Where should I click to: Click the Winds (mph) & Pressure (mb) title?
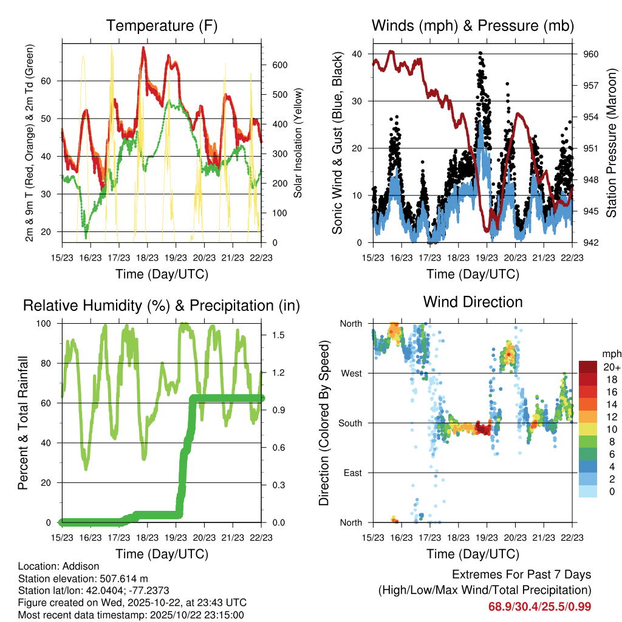coord(473,26)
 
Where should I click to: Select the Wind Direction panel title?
coord(473,302)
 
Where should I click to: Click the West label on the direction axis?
coord(351,373)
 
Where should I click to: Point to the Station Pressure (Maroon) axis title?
coord(612,143)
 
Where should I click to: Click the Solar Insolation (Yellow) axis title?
coord(298,143)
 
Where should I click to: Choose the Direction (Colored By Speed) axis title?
coord(324,423)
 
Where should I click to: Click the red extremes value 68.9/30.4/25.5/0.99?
coord(539,606)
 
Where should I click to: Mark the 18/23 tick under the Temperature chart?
coord(147,257)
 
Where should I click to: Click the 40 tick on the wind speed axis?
coord(357,54)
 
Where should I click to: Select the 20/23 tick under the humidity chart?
coord(204,537)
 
